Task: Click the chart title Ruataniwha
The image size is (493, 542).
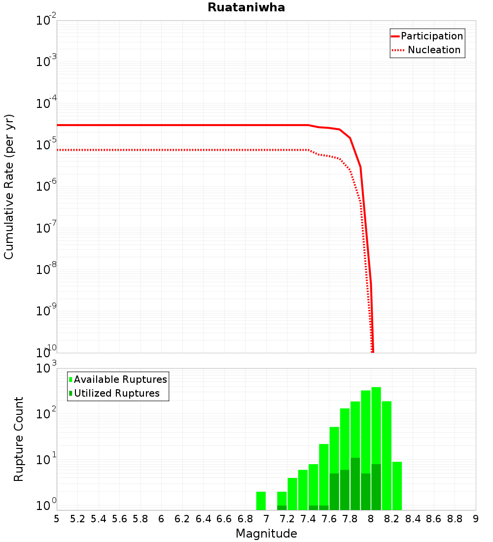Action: [246, 7]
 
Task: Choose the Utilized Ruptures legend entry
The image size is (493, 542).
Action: [116, 393]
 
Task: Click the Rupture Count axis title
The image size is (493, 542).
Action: [19, 439]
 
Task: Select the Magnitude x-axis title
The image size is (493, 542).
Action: [266, 534]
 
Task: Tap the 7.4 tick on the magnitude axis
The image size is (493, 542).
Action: [308, 519]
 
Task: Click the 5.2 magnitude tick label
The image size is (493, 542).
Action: [77, 519]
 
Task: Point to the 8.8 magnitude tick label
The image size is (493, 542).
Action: [455, 519]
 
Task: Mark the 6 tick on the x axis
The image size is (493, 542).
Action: [161, 519]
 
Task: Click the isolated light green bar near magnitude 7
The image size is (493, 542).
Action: [261, 501]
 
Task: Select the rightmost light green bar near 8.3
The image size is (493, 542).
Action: [397, 485]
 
